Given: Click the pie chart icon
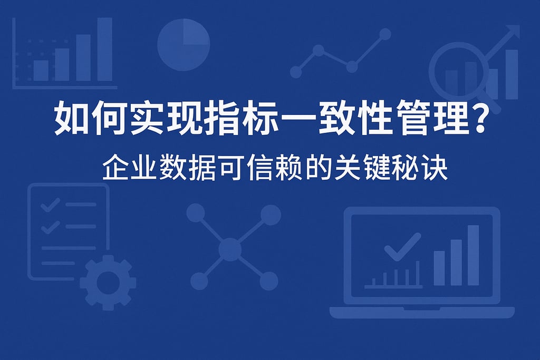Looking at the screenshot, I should point(184,44).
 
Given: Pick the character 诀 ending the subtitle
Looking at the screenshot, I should point(435,169).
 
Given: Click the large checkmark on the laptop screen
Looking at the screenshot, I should point(402,248).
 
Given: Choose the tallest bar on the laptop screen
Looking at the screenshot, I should point(473,255).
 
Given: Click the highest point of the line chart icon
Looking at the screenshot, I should point(385,34).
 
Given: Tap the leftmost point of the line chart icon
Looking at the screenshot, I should point(296,72).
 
